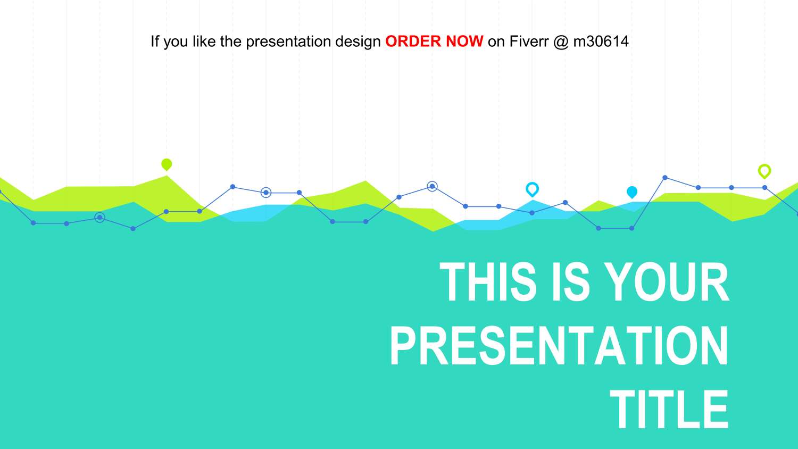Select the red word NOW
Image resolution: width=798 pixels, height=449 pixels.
click(x=464, y=41)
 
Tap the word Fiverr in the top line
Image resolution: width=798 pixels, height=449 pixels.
click(x=529, y=41)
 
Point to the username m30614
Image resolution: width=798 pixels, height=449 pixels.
click(x=601, y=41)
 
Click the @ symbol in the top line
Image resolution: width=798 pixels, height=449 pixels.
click(x=561, y=41)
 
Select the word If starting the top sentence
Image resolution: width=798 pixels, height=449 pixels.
click(x=155, y=41)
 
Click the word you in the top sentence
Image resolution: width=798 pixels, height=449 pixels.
click(x=176, y=41)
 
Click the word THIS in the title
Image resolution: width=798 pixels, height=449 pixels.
click(x=488, y=282)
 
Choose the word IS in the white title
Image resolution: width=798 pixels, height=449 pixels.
click(x=570, y=282)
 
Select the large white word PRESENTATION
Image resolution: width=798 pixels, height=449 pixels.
click(x=559, y=346)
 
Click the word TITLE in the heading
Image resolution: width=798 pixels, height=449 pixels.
click(x=669, y=410)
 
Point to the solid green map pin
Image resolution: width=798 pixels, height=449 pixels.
click(x=167, y=164)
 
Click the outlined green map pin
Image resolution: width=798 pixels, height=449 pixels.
click(x=764, y=171)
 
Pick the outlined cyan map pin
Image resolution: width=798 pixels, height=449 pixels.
click(x=532, y=189)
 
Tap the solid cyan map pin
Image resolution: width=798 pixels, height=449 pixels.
click(x=632, y=192)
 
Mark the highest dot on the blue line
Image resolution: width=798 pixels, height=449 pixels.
click(x=665, y=178)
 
